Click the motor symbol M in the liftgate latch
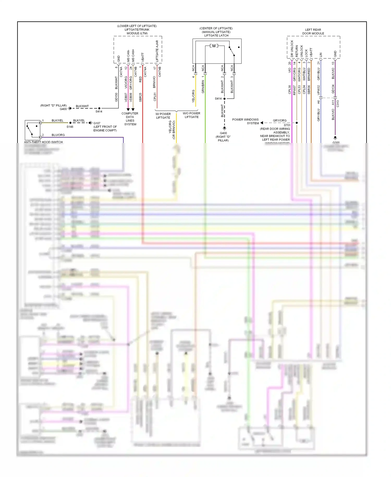(214, 46)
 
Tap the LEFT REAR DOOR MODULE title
(313, 32)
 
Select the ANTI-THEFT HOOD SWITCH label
(43, 142)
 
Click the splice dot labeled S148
(70, 123)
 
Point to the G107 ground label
(97, 123)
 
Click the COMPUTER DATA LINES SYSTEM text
(130, 119)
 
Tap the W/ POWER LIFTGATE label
(163, 116)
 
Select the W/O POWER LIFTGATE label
(191, 115)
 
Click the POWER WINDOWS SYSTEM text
(245, 121)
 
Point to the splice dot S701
(297, 123)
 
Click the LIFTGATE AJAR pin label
(157, 51)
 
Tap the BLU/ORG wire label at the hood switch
(58, 135)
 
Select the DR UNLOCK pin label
(292, 49)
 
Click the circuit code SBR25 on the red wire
(140, 97)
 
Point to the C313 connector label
(338, 104)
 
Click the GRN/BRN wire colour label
(203, 87)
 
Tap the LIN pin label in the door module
(321, 55)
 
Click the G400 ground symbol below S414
(224, 128)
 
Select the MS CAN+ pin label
(133, 55)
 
